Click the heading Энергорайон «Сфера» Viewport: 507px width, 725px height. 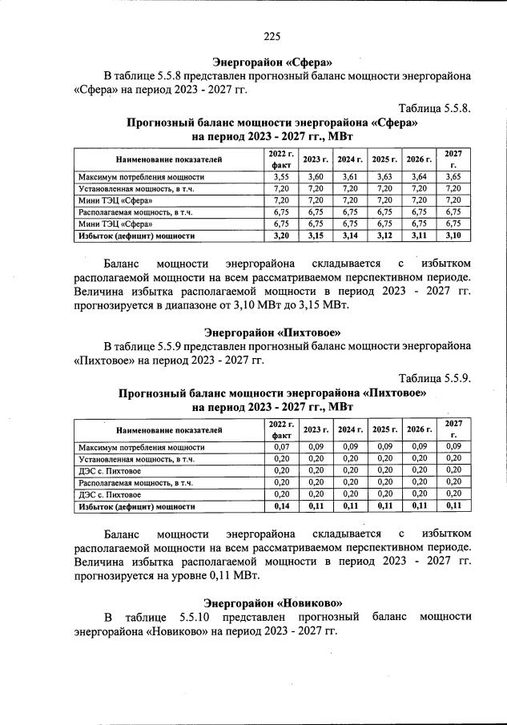click(x=272, y=62)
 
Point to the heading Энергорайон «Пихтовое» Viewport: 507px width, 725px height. click(x=272, y=331)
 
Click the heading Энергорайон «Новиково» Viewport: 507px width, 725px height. click(x=272, y=602)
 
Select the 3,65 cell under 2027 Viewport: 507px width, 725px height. click(x=453, y=176)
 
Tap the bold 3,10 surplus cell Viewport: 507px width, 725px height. click(x=453, y=236)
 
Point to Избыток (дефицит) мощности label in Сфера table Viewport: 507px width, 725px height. click(x=137, y=236)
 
